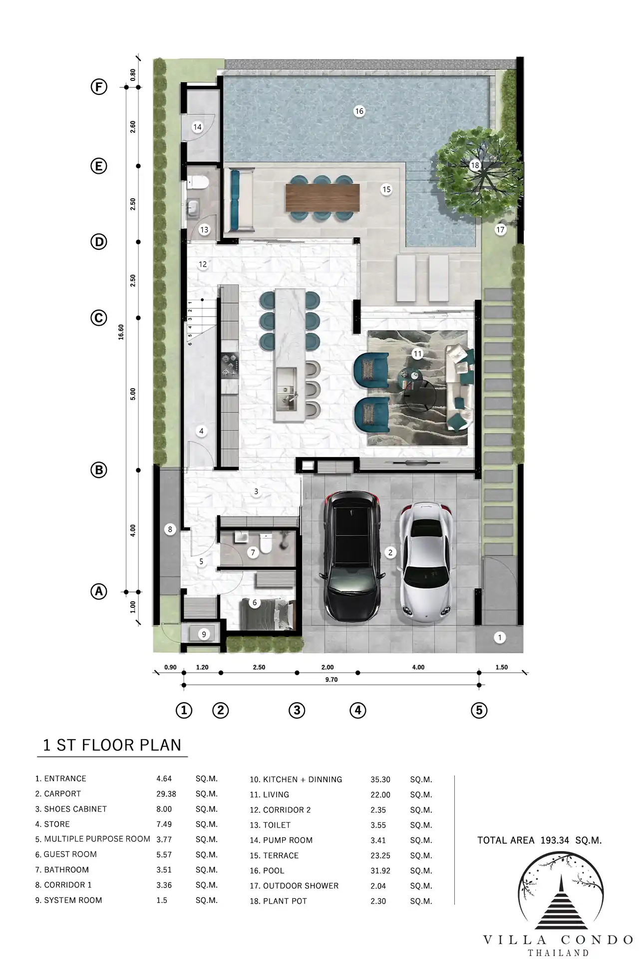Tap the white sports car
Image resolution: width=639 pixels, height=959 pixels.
pyautogui.click(x=427, y=562)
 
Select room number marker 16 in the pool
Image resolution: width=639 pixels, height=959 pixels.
pyautogui.click(x=359, y=111)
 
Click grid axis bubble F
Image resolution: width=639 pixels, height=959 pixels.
pyautogui.click(x=99, y=87)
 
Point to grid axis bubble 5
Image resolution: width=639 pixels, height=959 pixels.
pyautogui.click(x=479, y=710)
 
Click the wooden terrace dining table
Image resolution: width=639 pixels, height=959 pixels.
pyautogui.click(x=322, y=197)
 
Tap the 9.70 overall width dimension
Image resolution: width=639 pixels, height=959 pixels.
pyautogui.click(x=331, y=680)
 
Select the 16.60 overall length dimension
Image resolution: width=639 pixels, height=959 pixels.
pyautogui.click(x=121, y=332)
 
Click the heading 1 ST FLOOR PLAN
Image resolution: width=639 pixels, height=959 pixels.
pyautogui.click(x=112, y=745)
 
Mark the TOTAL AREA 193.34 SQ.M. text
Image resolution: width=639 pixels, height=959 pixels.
pyautogui.click(x=540, y=840)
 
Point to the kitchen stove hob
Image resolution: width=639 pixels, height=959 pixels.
pyautogui.click(x=230, y=365)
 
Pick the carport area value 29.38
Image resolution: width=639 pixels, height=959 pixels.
pyautogui.click(x=166, y=794)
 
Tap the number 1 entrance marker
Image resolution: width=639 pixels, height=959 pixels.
pyautogui.click(x=500, y=637)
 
